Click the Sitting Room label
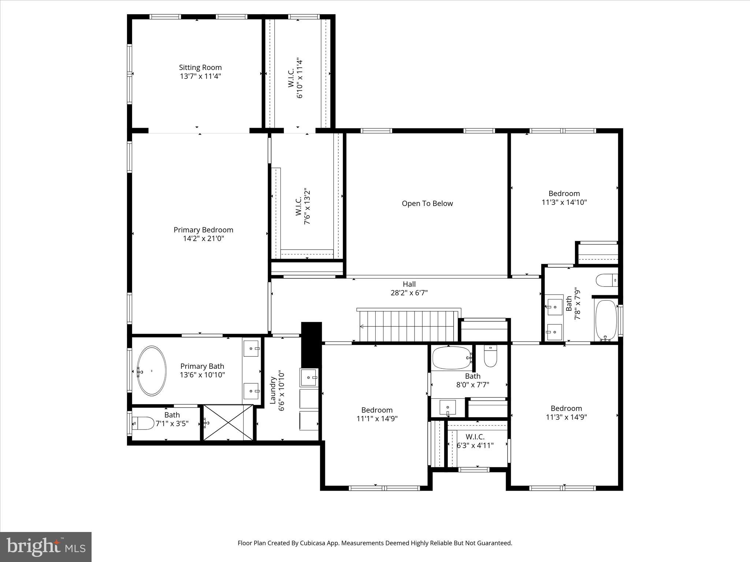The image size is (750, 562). click(200, 67)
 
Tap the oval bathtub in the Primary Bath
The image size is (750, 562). click(151, 371)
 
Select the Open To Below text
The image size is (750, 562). click(427, 203)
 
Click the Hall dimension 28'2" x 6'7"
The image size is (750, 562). click(409, 293)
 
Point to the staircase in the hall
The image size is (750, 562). click(408, 326)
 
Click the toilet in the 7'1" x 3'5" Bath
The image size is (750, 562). click(143, 423)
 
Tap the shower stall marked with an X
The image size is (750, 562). click(228, 423)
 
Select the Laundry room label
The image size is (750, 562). click(273, 391)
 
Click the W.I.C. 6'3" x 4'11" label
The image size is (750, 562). click(475, 437)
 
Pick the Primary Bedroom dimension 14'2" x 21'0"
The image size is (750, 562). click(203, 239)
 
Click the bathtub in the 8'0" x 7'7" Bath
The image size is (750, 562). click(452, 358)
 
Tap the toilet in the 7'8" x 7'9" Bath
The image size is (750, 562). click(606, 281)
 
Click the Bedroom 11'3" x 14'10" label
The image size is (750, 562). click(564, 194)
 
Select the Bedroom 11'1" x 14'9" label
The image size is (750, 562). click(377, 410)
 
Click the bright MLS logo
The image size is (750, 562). click(46, 547)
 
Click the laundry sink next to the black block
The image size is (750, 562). click(309, 378)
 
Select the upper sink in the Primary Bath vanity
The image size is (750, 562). click(251, 348)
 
